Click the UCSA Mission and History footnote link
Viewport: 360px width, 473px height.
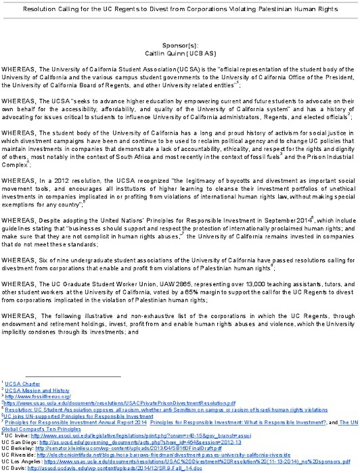[37, 390]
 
